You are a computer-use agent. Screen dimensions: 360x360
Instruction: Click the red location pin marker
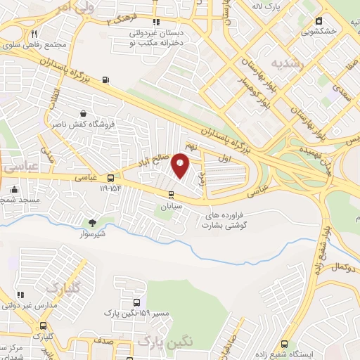(181, 165)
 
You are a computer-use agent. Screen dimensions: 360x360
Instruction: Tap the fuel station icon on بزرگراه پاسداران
(105, 80)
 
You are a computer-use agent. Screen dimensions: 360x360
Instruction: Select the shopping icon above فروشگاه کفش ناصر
(84, 112)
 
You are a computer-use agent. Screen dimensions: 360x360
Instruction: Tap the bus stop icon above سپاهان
(171, 195)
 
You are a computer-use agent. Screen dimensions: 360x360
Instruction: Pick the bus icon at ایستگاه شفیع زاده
(284, 345)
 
